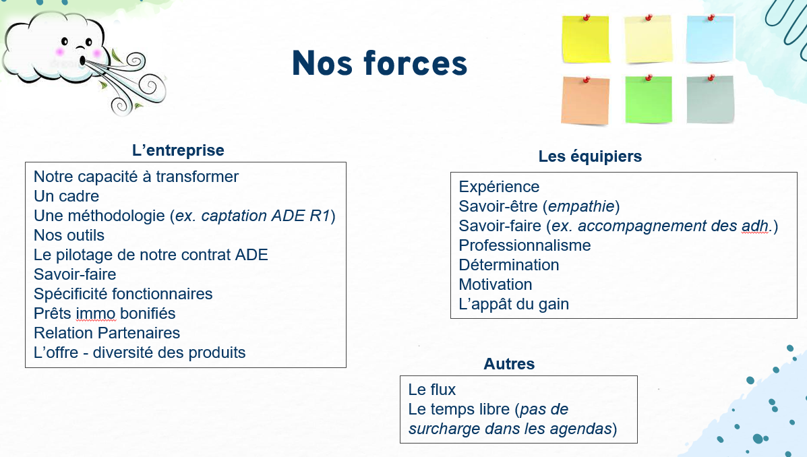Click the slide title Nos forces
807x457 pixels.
(x=380, y=63)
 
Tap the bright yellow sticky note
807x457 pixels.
(x=586, y=39)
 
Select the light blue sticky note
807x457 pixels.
(x=710, y=39)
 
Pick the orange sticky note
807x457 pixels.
(x=585, y=101)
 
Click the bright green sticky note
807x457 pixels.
(x=649, y=100)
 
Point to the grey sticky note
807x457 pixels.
(x=710, y=100)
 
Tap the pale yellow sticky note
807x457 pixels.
(x=649, y=39)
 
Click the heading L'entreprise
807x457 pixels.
(x=178, y=150)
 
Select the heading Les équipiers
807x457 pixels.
(x=591, y=156)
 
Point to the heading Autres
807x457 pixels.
(x=509, y=364)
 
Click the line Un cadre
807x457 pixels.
(x=66, y=196)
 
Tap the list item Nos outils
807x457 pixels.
(x=69, y=235)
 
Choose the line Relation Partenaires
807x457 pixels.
(x=107, y=333)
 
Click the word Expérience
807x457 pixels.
(x=499, y=187)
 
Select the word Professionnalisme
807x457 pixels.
(x=525, y=245)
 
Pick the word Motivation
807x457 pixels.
(x=496, y=284)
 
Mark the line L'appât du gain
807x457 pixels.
(x=514, y=304)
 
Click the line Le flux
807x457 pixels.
(x=431, y=390)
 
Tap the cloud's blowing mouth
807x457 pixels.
(x=82, y=61)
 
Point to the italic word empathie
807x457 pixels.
(x=581, y=206)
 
